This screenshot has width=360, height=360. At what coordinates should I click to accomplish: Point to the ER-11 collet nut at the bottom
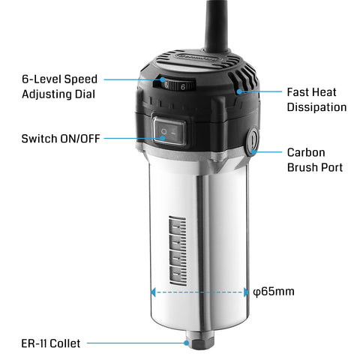200,346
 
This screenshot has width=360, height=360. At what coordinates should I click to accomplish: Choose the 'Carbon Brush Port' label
315,159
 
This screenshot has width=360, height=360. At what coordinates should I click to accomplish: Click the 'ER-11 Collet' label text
51,343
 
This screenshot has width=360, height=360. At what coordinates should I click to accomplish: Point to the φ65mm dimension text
273,291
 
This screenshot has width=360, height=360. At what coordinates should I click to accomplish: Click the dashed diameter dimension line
199,292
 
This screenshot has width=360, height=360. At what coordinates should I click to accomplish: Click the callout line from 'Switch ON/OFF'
131,139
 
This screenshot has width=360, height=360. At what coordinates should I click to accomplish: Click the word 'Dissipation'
316,107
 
